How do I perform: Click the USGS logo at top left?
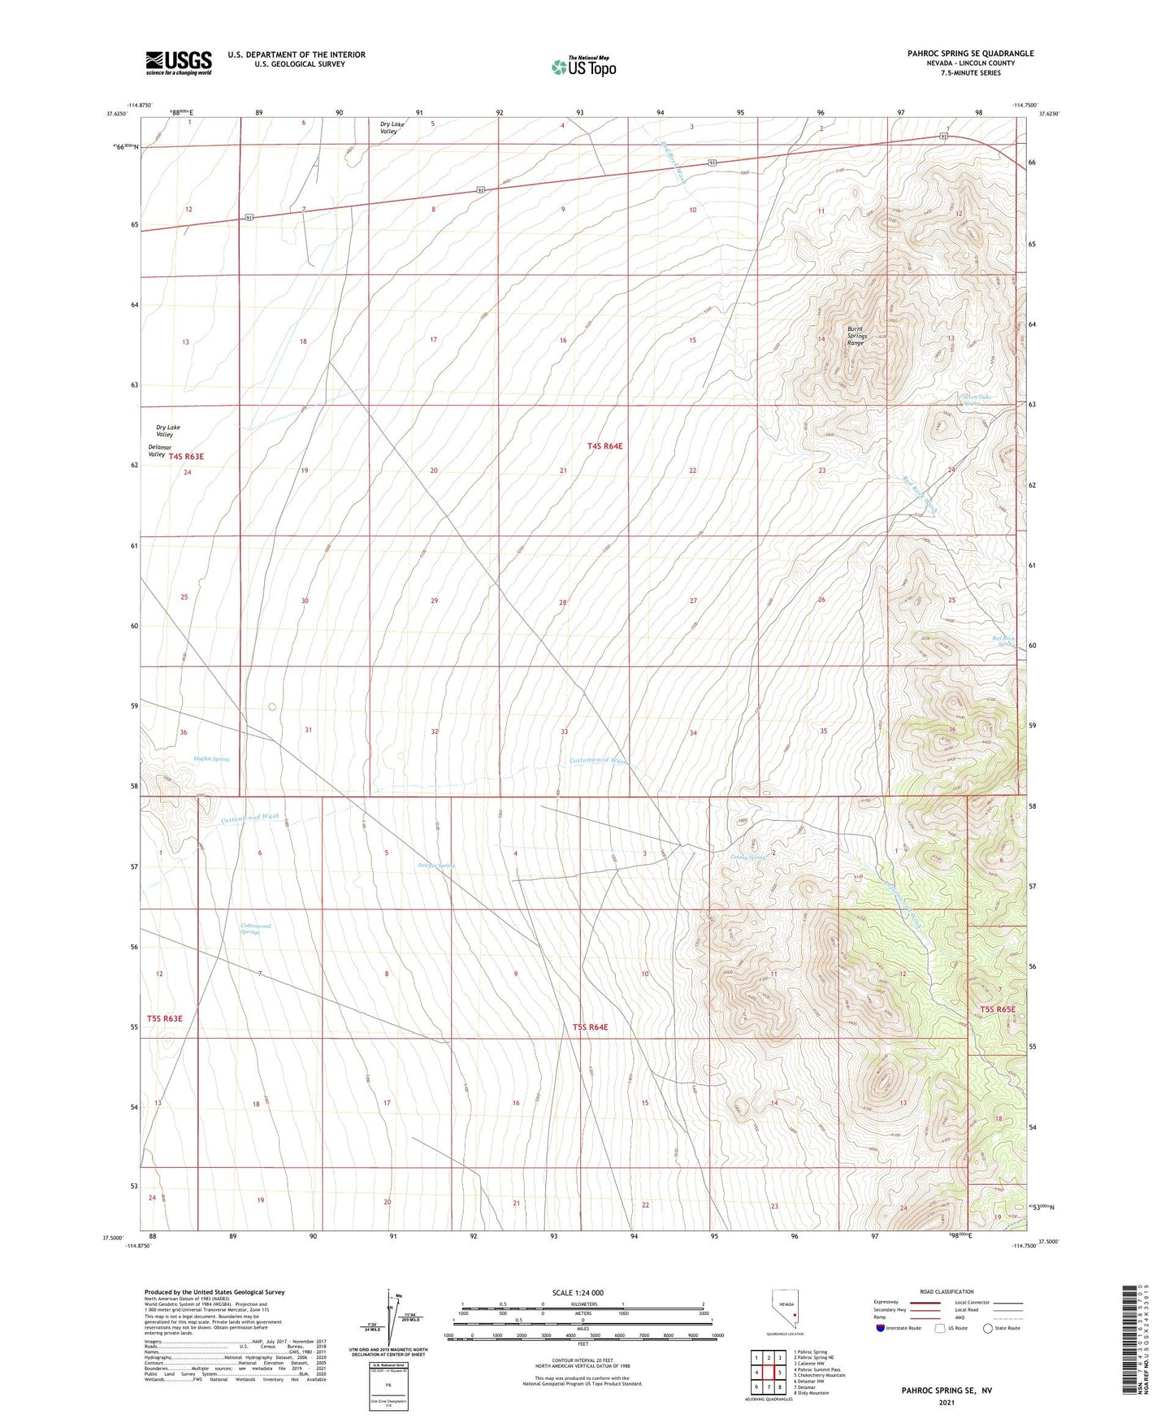179,62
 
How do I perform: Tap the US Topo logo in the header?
583,67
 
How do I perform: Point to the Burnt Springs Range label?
856,336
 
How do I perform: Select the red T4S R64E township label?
604,446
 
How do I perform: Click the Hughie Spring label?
211,759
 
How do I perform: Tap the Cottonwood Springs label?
255,928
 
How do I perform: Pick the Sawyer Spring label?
435,866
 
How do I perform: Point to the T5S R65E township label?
997,1009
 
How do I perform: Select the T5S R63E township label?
165,1018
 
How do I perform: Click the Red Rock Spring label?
1004,641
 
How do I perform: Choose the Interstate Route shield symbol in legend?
882,1328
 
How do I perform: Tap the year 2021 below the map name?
946,1403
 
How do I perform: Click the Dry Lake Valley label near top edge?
392,128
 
